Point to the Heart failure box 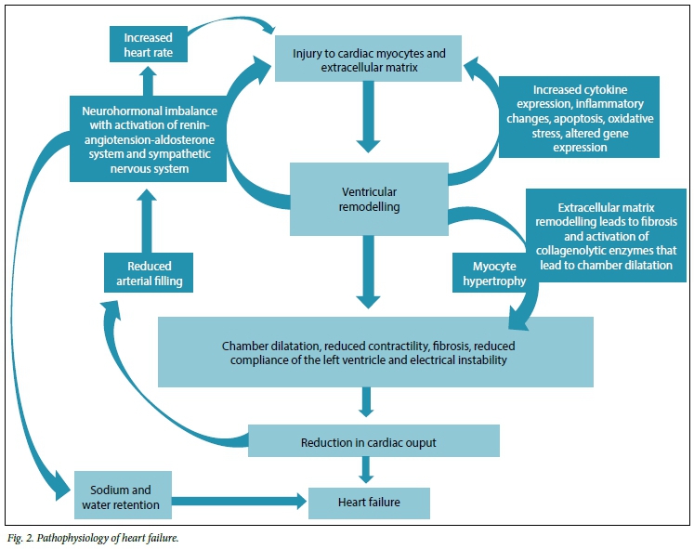[x=370, y=503]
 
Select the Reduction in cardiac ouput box [x=373, y=442]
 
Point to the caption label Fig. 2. [x=21, y=537]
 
